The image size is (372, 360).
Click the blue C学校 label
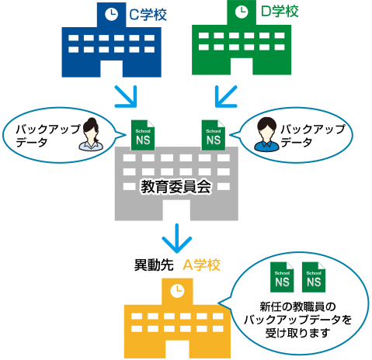(x=148, y=15)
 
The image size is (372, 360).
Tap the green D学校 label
(x=280, y=11)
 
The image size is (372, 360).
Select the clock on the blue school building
(x=112, y=14)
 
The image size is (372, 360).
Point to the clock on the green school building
(x=242, y=12)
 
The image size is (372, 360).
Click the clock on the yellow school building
(x=177, y=291)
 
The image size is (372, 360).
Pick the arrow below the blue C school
(x=127, y=96)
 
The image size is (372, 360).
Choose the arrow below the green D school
(x=226, y=96)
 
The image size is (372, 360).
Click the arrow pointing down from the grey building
(x=177, y=238)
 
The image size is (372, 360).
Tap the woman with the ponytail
(x=91, y=134)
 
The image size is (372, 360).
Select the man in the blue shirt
(x=266, y=134)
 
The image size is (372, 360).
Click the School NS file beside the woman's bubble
(x=143, y=135)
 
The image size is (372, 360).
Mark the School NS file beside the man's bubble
(x=214, y=135)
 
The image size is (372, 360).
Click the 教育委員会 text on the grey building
(x=176, y=187)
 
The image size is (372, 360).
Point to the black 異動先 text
(x=154, y=265)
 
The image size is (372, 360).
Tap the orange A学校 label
(x=201, y=265)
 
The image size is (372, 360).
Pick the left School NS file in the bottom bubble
(x=282, y=277)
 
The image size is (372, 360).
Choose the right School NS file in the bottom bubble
(x=314, y=277)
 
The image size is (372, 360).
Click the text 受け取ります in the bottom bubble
(x=297, y=333)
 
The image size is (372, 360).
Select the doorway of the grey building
(x=176, y=209)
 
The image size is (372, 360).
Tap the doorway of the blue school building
(x=112, y=68)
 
